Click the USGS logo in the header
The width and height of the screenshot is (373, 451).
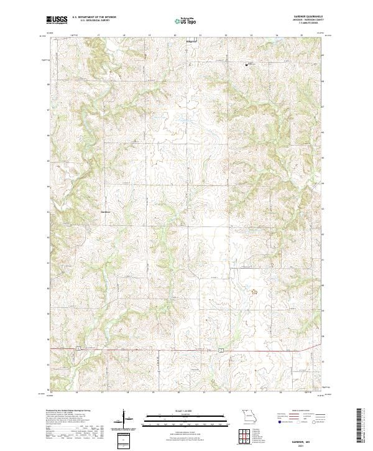coord(57,20)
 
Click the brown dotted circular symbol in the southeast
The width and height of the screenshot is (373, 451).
coord(254,290)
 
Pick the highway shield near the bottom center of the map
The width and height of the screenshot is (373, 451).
coord(220,351)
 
